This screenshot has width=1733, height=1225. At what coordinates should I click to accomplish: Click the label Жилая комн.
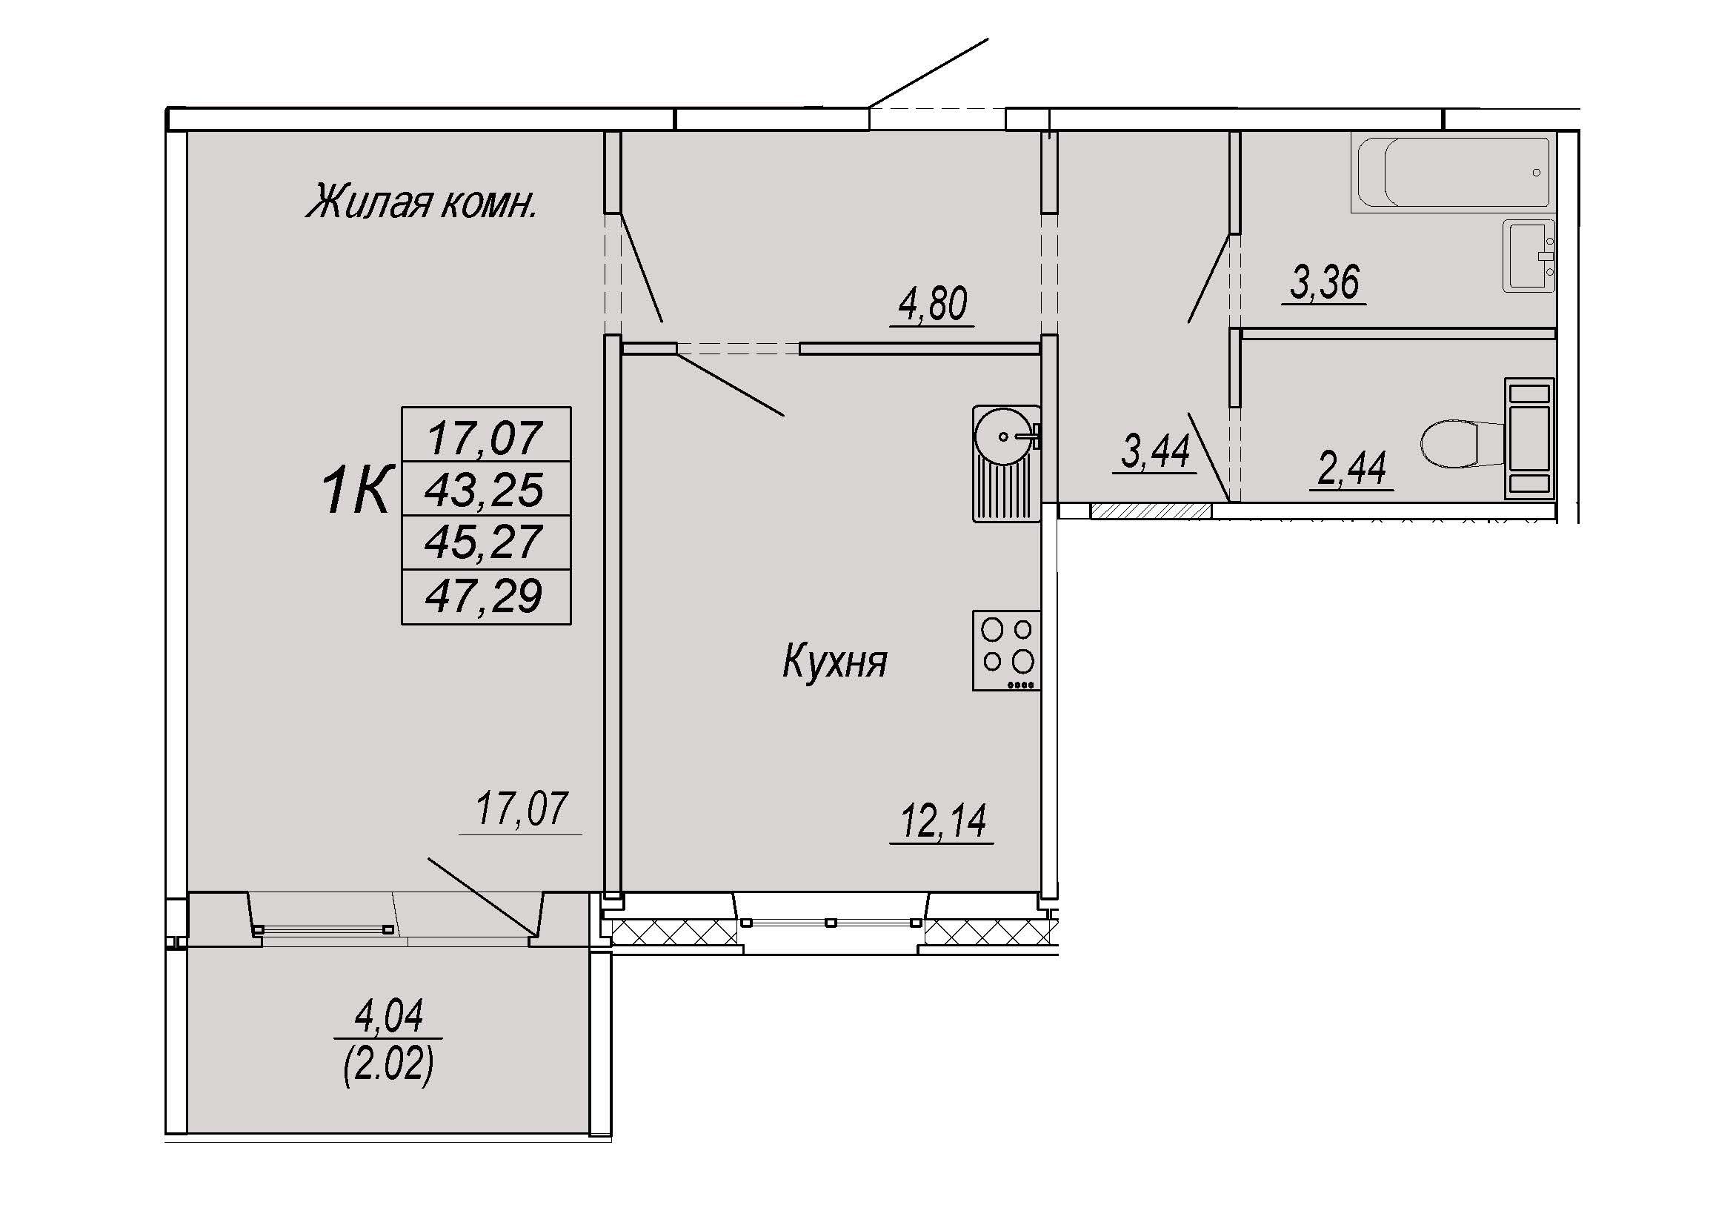tap(422, 202)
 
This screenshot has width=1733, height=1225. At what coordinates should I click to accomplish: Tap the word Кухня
tap(835, 661)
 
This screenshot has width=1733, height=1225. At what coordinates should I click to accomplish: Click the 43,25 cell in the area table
tap(485, 489)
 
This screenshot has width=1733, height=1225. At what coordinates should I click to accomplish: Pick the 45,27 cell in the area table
tap(485, 542)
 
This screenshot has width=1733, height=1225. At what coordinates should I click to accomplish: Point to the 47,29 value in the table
tap(485, 596)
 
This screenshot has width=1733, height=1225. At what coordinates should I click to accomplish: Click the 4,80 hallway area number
tap(933, 304)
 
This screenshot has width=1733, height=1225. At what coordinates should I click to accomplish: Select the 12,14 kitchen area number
tap(943, 821)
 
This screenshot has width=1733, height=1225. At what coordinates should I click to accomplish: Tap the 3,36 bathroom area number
tap(1325, 282)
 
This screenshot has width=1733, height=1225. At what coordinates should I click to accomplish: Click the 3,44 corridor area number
tap(1156, 451)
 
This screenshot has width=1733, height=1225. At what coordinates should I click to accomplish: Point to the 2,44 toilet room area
tap(1352, 468)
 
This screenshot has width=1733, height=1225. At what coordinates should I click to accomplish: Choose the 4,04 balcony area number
tap(389, 1016)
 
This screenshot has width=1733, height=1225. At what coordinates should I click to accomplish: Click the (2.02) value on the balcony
tap(389, 1064)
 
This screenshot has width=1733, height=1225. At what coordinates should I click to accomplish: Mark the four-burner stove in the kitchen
tap(1007, 651)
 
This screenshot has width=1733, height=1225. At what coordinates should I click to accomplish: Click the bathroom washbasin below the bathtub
tap(1528, 256)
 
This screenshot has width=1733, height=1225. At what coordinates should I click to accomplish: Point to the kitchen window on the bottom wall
tap(831, 923)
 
